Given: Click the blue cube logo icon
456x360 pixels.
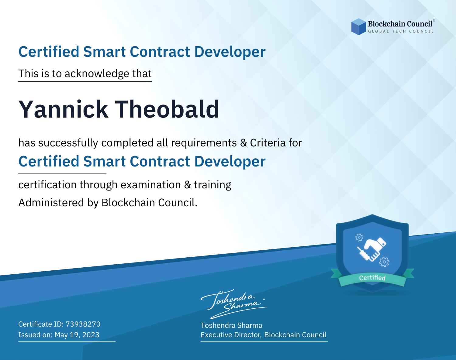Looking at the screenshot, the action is (x=358, y=27).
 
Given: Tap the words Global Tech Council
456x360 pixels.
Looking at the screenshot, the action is (x=401, y=31).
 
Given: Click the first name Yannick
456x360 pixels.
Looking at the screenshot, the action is (x=63, y=109).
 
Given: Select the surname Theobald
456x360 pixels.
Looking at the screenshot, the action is (x=167, y=109).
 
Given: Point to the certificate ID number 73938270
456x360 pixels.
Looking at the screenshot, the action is (x=83, y=324).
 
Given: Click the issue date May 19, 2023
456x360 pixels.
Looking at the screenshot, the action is (x=77, y=335).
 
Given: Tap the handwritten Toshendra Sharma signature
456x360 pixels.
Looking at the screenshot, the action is (x=234, y=304).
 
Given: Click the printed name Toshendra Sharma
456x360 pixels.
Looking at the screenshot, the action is (x=231, y=325).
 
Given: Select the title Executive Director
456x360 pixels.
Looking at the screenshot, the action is (x=231, y=335).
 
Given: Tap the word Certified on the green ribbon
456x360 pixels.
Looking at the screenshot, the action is (x=372, y=278).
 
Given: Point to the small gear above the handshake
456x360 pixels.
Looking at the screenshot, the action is (x=359, y=238).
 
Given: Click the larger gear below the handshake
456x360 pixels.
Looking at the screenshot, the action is (x=384, y=262).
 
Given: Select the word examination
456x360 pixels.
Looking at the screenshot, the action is (x=151, y=185).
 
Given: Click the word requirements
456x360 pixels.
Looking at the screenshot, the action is (x=204, y=143).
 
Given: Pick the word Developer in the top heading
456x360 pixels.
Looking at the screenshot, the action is (x=230, y=52).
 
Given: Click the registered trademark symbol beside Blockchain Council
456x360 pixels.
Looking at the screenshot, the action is (x=434, y=20).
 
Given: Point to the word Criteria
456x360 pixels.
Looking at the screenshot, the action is (x=268, y=143).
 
